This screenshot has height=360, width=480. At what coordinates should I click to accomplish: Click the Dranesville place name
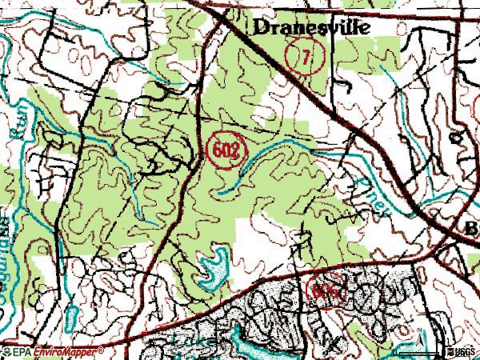(x=312, y=26)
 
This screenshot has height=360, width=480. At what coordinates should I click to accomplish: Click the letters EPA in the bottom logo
(x=23, y=351)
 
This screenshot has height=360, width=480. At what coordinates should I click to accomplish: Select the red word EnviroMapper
(x=67, y=351)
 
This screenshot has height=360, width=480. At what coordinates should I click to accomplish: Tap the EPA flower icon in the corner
(x=6, y=351)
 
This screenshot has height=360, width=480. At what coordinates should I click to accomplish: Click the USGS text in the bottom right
(x=463, y=351)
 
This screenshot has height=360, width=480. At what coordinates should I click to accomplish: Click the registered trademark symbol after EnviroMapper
(x=102, y=350)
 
